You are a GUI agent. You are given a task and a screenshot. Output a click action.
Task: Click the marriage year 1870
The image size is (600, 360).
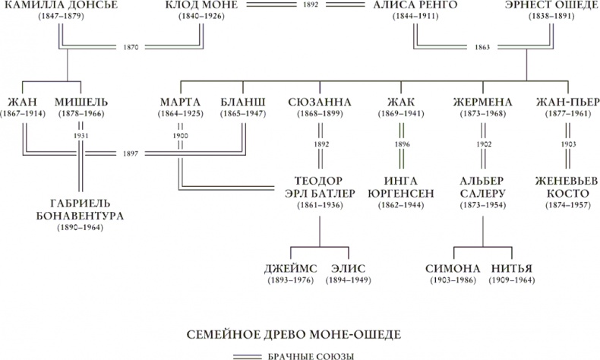131,47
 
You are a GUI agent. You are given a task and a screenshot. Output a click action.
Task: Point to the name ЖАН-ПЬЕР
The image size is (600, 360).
564,103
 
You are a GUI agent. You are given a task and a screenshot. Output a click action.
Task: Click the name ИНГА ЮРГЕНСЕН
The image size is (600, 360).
400,187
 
